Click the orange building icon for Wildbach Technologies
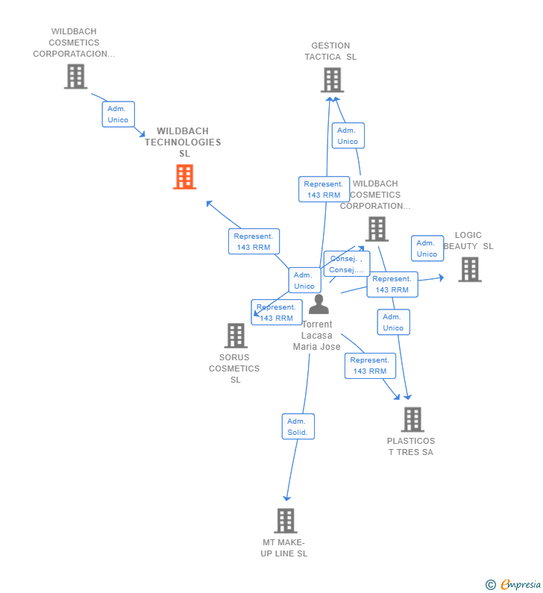[x=184, y=177]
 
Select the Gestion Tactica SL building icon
[x=332, y=80]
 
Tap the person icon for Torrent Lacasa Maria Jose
[x=318, y=304]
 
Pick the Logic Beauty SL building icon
[x=469, y=269]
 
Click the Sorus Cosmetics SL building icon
[x=236, y=336]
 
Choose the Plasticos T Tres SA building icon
[x=412, y=419]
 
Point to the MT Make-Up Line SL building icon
[x=285, y=521]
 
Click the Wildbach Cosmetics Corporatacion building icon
[x=75, y=76]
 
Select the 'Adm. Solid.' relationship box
[x=298, y=427]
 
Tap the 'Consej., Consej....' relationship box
[x=346, y=264]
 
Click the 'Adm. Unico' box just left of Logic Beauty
[x=427, y=248]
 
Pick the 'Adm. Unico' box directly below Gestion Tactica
[x=347, y=136]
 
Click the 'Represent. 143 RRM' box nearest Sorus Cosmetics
[x=276, y=313]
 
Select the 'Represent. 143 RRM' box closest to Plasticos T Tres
[x=369, y=365]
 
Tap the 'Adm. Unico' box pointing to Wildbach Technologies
[x=118, y=114]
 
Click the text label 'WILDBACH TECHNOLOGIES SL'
[x=183, y=142]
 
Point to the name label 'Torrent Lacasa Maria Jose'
[x=317, y=336]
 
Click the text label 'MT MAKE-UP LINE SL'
[x=284, y=548]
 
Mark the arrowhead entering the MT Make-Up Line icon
[x=286, y=498]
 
